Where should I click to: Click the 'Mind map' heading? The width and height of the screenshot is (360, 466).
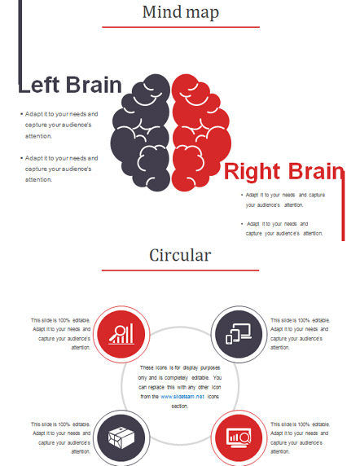click(181, 12)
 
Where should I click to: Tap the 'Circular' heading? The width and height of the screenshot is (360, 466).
click(180, 255)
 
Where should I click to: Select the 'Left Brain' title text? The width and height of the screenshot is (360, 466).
click(70, 85)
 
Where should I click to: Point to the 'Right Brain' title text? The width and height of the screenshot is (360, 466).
click(284, 171)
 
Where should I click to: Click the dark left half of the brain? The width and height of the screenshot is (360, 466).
click(141, 131)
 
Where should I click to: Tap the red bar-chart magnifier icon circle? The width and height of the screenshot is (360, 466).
click(121, 334)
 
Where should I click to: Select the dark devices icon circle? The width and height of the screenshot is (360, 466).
click(239, 334)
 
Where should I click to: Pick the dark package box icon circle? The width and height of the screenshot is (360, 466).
click(121, 438)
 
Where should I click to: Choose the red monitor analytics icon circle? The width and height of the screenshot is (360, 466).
click(239, 438)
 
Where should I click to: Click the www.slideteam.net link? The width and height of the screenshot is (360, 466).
click(182, 397)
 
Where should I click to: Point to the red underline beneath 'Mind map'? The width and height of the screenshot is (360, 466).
click(181, 27)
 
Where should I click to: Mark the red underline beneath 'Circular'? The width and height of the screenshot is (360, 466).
click(180, 270)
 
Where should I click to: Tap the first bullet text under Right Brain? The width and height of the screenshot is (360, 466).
click(283, 200)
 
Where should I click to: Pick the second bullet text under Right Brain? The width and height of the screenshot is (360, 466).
click(282, 229)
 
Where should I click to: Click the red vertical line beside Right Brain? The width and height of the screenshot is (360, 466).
click(343, 206)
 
